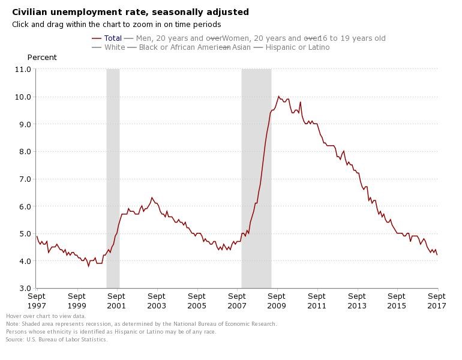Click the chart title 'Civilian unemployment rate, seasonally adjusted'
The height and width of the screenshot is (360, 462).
[130, 12]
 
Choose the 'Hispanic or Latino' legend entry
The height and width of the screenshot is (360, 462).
[298, 47]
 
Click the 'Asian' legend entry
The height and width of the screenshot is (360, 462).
[241, 47]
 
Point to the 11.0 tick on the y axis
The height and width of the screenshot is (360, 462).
[23, 70]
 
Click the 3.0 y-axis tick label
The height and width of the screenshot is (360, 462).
[23, 289]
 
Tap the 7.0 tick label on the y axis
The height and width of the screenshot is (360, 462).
[23, 179]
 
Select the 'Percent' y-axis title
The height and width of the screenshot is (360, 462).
[42, 58]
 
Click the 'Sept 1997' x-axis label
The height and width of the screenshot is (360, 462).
[37, 301]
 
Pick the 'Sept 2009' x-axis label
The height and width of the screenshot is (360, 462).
[277, 301]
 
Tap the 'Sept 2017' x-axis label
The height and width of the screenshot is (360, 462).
[437, 301]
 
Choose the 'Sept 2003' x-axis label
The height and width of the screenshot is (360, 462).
[157, 301]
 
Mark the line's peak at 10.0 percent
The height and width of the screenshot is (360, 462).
[278, 96]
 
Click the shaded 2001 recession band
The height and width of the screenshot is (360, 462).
[113, 180]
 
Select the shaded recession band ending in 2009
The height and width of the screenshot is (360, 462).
[256, 180]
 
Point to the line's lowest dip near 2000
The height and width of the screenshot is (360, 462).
[89, 265]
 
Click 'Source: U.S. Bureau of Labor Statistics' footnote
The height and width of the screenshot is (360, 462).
[56, 340]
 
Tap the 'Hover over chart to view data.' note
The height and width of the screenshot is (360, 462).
[46, 316]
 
